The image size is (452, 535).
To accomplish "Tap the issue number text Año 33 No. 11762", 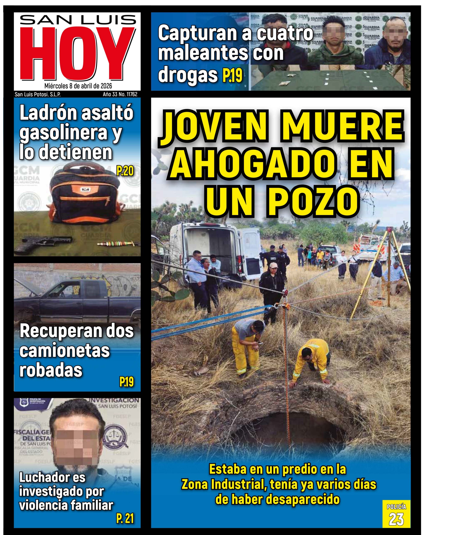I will pyautogui.click(x=120, y=94).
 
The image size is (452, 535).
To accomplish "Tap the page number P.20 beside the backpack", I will pyautogui.click(x=125, y=171).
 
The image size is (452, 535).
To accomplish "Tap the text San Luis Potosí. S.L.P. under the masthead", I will pyautogui.click(x=38, y=94).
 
